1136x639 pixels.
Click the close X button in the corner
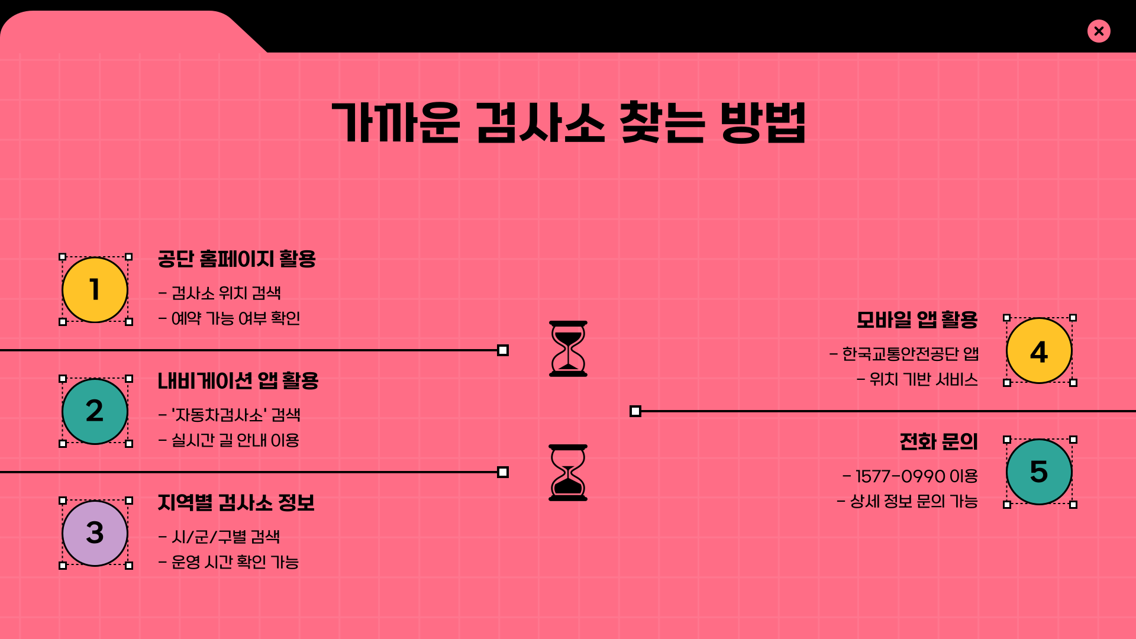coord(1099,31)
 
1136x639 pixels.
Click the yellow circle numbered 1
coord(95,290)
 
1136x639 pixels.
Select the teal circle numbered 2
coord(95,411)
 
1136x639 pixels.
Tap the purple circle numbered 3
coord(95,533)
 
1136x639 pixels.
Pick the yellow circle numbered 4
coord(1039,351)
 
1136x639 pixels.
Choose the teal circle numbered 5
coord(1039,472)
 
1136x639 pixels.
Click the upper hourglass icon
coord(568,348)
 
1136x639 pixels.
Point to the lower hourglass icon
coord(568,473)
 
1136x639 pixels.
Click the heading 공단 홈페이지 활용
coord(237,259)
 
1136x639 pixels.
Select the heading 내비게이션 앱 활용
coord(238,381)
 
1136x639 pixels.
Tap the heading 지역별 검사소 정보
coord(236,503)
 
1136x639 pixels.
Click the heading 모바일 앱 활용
coord(917,320)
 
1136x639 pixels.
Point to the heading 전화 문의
coord(938,442)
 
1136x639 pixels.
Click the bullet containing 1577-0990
coord(910,476)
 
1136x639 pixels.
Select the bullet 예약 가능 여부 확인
coord(230,319)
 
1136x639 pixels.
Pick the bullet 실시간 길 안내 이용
coord(229,441)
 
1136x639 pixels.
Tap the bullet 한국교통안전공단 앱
coord(904,354)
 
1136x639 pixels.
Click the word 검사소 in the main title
coord(540,123)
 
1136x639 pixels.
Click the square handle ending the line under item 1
coord(503,350)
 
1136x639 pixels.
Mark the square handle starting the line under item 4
coord(635,411)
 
